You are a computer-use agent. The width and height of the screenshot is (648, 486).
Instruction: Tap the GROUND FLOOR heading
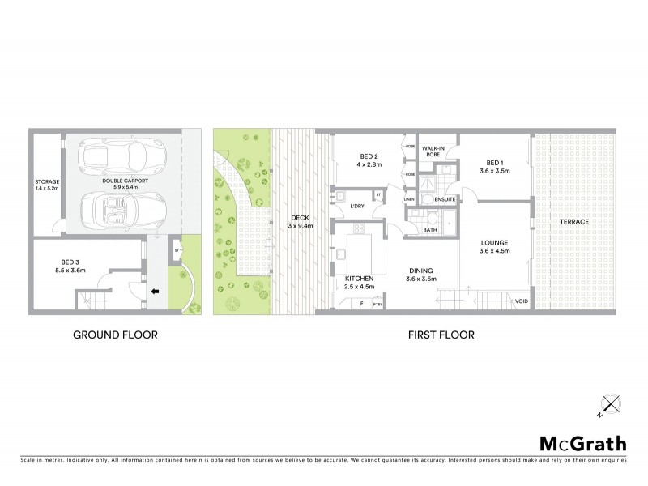click(115, 335)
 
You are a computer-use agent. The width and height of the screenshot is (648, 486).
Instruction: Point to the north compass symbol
click(607, 404)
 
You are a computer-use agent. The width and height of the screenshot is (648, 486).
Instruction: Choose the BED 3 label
click(70, 262)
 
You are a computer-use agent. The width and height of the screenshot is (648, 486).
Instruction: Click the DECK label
click(301, 218)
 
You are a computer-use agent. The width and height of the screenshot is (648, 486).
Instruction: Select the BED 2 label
click(369, 156)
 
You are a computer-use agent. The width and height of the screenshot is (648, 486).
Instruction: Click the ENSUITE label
click(445, 198)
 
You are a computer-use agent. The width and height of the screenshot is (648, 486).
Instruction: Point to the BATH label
click(431, 230)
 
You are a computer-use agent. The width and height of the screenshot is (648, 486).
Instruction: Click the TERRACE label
click(573, 221)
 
